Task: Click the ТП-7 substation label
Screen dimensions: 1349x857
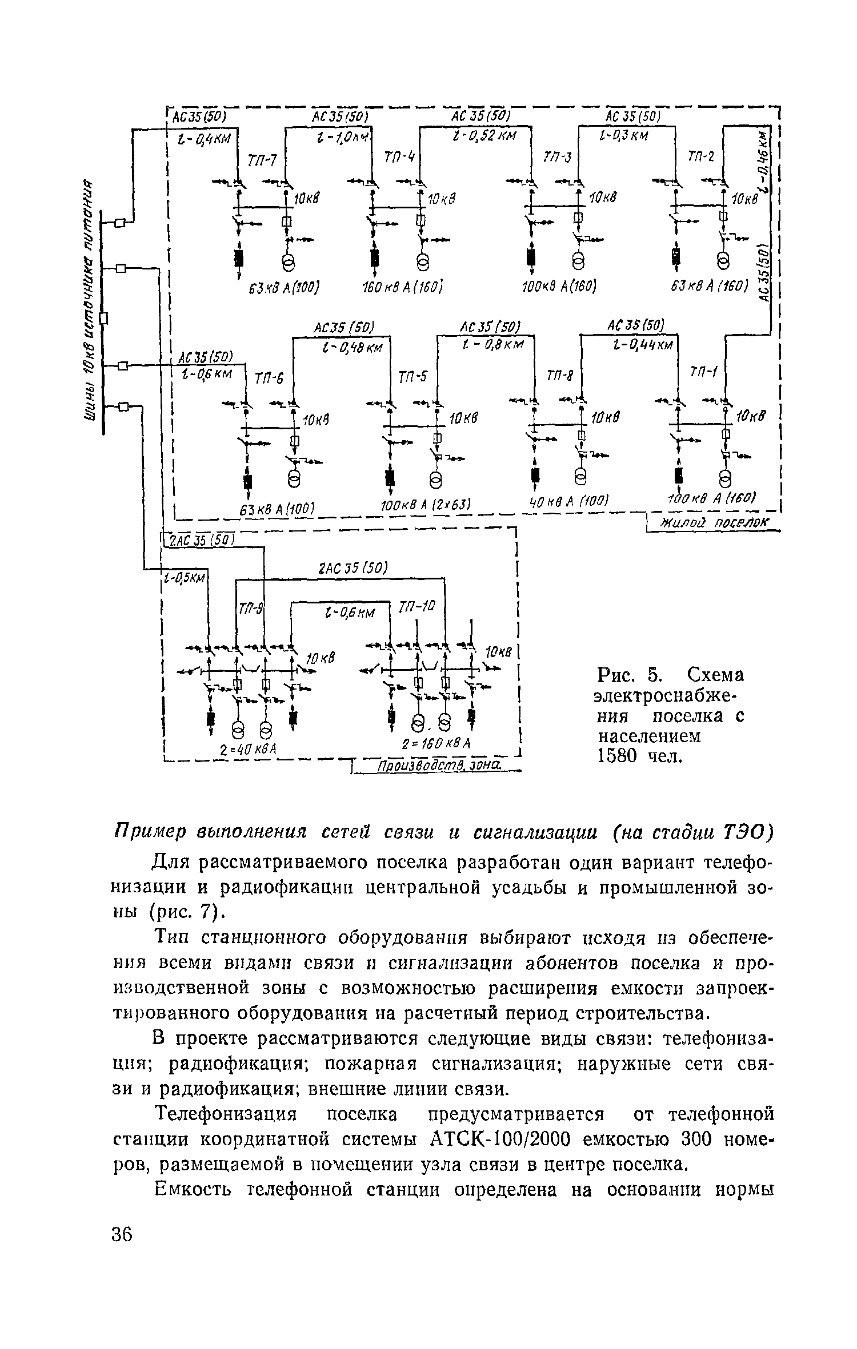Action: [262, 160]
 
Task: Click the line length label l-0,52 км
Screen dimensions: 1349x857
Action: [483, 137]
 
